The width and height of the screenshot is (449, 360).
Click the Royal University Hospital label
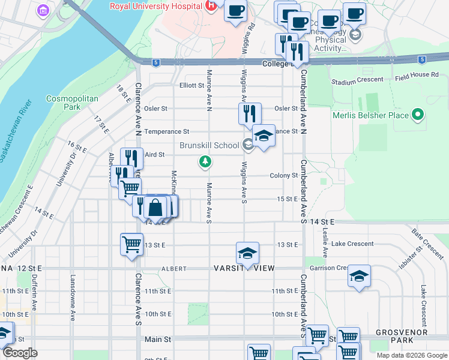click(x=155, y=7)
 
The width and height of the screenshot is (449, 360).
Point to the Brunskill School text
click(x=209, y=145)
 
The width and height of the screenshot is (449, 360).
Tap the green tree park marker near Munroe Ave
click(x=205, y=161)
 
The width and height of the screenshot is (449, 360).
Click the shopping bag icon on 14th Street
click(x=155, y=208)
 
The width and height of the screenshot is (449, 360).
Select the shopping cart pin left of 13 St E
click(x=131, y=244)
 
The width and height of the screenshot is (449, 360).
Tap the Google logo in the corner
click(x=20, y=353)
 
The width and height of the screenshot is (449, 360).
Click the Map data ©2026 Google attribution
click(x=412, y=355)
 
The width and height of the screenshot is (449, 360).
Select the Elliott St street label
click(x=192, y=85)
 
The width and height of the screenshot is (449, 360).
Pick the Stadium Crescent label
click(x=357, y=80)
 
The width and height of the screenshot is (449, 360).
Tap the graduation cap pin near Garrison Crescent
click(x=359, y=276)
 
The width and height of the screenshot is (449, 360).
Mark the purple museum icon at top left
click(x=43, y=11)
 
